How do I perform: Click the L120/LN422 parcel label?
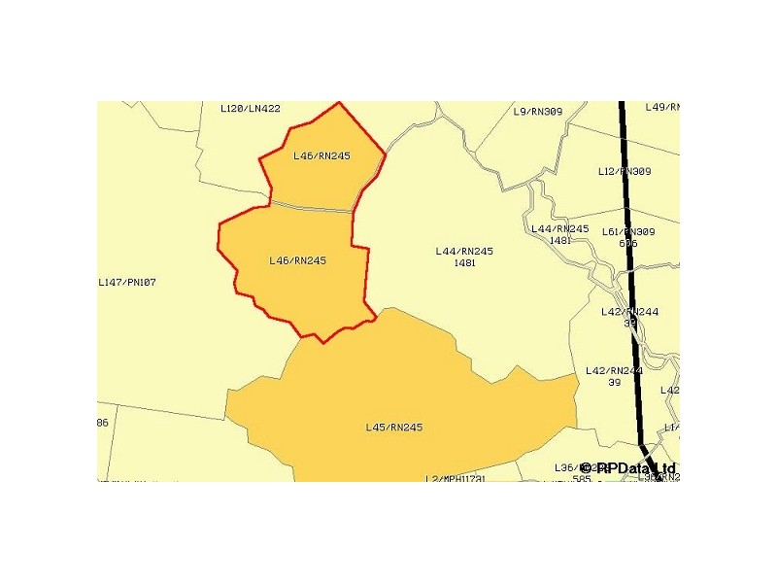tap(251, 109)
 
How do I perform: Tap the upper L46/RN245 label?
tap(321, 155)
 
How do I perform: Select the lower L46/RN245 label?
tap(297, 260)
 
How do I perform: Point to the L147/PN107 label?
tap(127, 283)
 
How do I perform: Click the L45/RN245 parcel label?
tap(393, 428)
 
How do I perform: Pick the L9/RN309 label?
tap(537, 112)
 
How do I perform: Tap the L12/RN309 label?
tap(625, 172)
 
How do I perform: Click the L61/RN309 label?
tap(628, 232)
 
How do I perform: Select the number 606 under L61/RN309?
tap(627, 244)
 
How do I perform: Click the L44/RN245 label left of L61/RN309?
tap(560, 229)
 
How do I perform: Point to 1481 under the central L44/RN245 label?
tap(464, 263)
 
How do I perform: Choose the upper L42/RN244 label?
tap(629, 312)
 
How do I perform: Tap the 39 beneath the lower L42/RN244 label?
tap(614, 383)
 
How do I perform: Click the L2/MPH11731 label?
tap(456, 478)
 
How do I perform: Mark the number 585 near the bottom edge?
tap(582, 478)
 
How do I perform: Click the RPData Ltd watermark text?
tap(635, 468)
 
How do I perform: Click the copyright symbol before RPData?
tap(587, 468)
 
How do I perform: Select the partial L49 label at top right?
tap(661, 107)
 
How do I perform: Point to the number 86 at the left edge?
tap(102, 423)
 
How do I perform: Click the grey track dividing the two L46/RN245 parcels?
tap(311, 207)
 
